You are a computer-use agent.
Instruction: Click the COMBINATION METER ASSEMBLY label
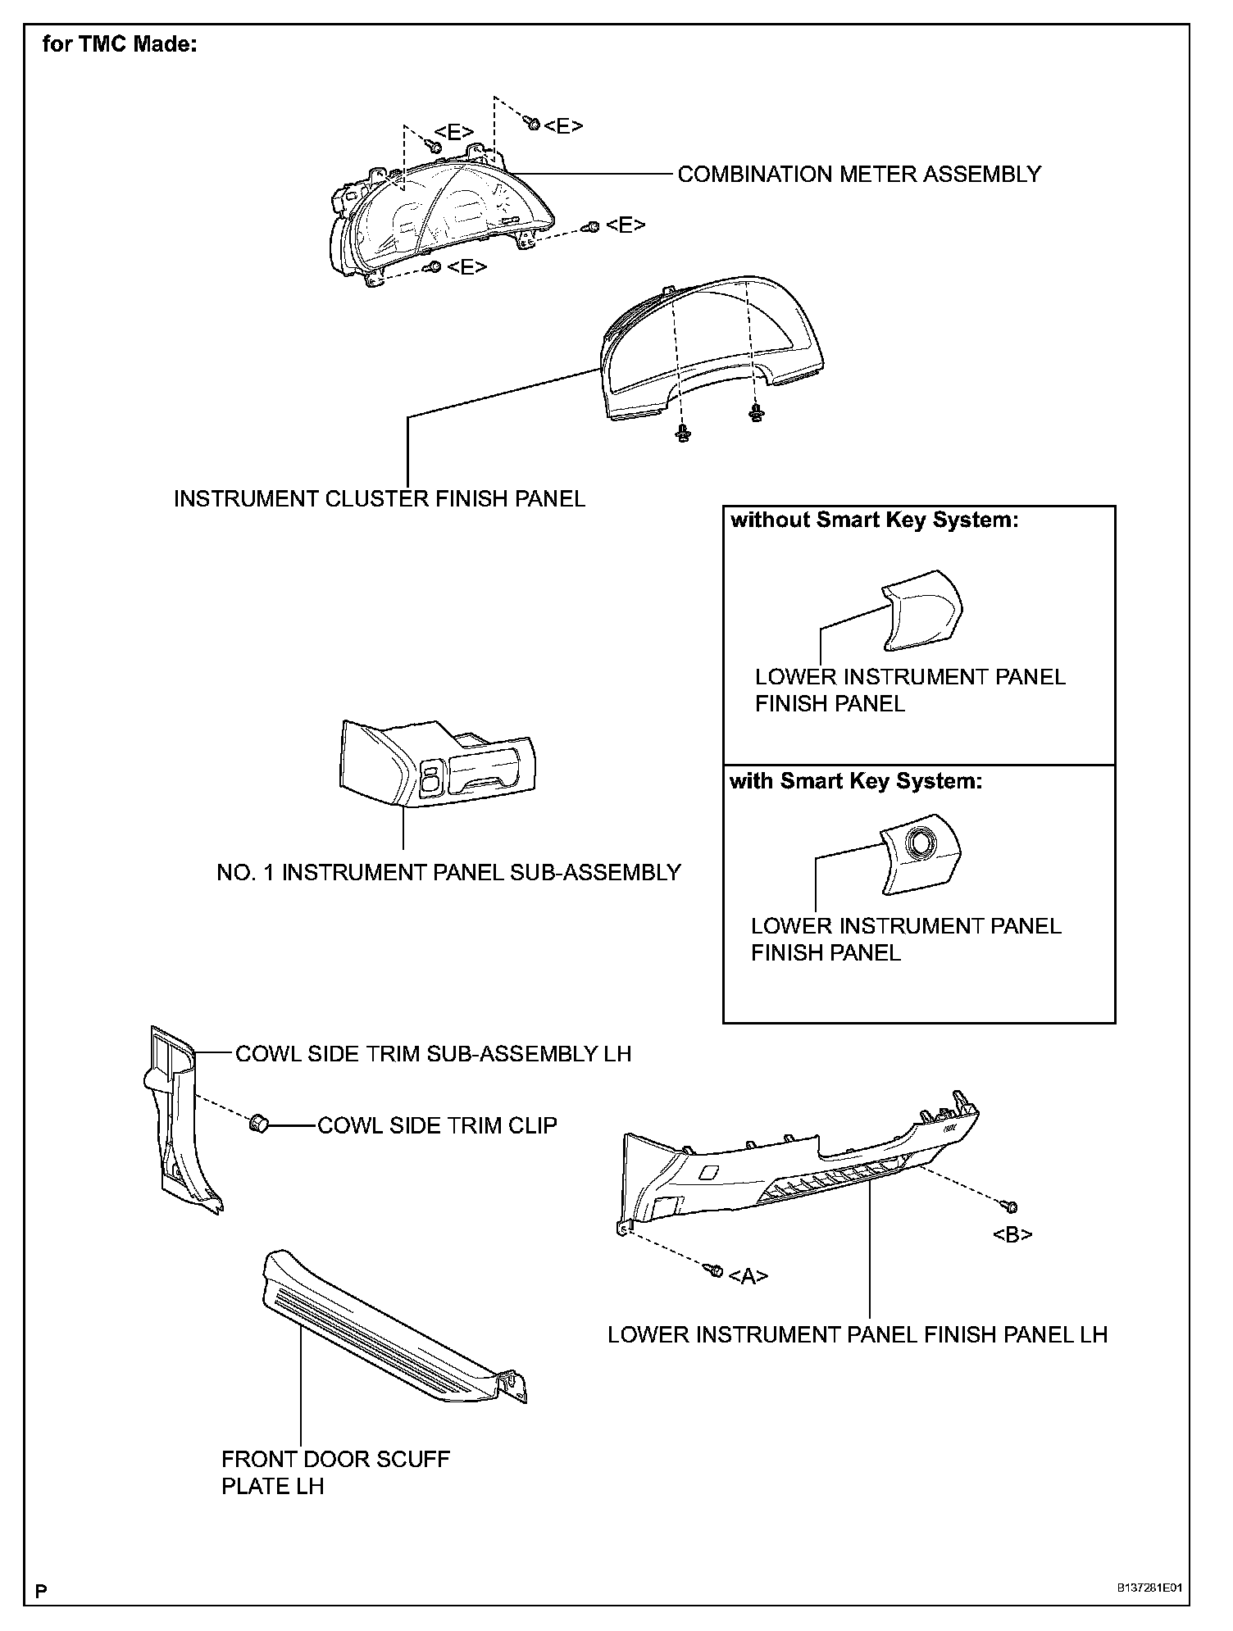point(858,175)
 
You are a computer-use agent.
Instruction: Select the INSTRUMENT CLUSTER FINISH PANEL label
point(379,499)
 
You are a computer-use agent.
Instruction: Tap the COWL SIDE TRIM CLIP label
point(436,1125)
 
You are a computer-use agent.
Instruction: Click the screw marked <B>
point(1010,1206)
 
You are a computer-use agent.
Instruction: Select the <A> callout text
point(748,1276)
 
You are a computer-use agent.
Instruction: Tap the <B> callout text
point(1012,1234)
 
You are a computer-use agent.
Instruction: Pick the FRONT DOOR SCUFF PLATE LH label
point(335,1472)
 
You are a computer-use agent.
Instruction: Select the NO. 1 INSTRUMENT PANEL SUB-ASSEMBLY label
point(448,873)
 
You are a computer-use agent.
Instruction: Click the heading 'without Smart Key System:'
point(874,520)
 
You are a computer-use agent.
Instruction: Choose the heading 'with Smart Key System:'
point(855,781)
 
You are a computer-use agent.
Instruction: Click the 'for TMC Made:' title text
point(119,44)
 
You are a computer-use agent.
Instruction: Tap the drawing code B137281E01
point(1151,1588)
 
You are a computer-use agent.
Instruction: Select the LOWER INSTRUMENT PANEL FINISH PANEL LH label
point(857,1335)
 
